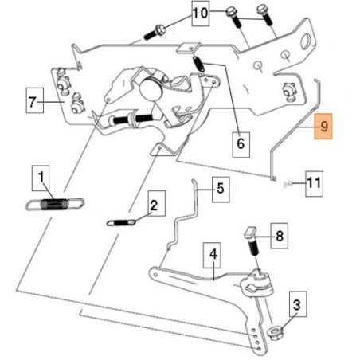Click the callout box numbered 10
tap(201, 14)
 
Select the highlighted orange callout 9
tap(323, 127)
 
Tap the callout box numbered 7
tap(35, 100)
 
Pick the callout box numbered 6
tap(241, 145)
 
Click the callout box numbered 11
tap(315, 184)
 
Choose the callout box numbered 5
tap(221, 190)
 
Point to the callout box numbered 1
tap(41, 178)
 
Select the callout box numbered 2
tap(157, 203)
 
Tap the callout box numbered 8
tap(280, 236)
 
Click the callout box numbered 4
tap(212, 255)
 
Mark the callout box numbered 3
tap(298, 304)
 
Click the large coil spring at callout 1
tap(55, 205)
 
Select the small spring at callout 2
tap(121, 222)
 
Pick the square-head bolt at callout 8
tap(252, 241)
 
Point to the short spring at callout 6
tap(199, 64)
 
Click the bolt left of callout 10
tap(155, 32)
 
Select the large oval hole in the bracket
tap(306, 41)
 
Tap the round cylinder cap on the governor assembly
tap(151, 89)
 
